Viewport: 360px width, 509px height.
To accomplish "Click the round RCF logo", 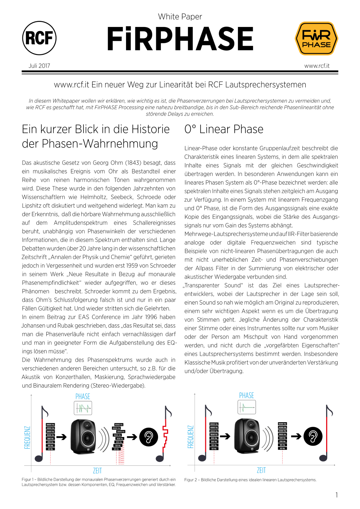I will click(x=39, y=38).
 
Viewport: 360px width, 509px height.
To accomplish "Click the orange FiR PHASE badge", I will click(x=316, y=39).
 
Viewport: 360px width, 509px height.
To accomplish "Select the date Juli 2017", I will click(x=39, y=66).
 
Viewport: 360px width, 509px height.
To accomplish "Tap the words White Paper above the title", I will click(x=180, y=17).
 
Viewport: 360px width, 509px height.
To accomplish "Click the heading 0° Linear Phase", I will click(x=224, y=129).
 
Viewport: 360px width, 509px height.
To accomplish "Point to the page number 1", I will click(x=337, y=495).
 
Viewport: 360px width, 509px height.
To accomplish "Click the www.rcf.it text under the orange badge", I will click(x=317, y=66).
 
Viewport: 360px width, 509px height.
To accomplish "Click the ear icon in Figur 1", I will click(x=149, y=437).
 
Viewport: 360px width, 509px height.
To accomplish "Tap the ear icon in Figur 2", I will click(x=313, y=436).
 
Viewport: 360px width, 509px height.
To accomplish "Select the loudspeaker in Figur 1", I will click(x=84, y=437).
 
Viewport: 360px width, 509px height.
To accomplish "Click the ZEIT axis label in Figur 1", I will click(x=97, y=471).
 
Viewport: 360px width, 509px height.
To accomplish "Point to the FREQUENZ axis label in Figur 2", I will click(x=191, y=437).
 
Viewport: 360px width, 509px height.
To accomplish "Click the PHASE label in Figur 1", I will click(x=83, y=397).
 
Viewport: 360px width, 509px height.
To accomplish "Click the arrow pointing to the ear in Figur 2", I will click(x=296, y=437).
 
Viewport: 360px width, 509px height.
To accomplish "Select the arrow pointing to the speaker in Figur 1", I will click(x=62, y=437).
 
